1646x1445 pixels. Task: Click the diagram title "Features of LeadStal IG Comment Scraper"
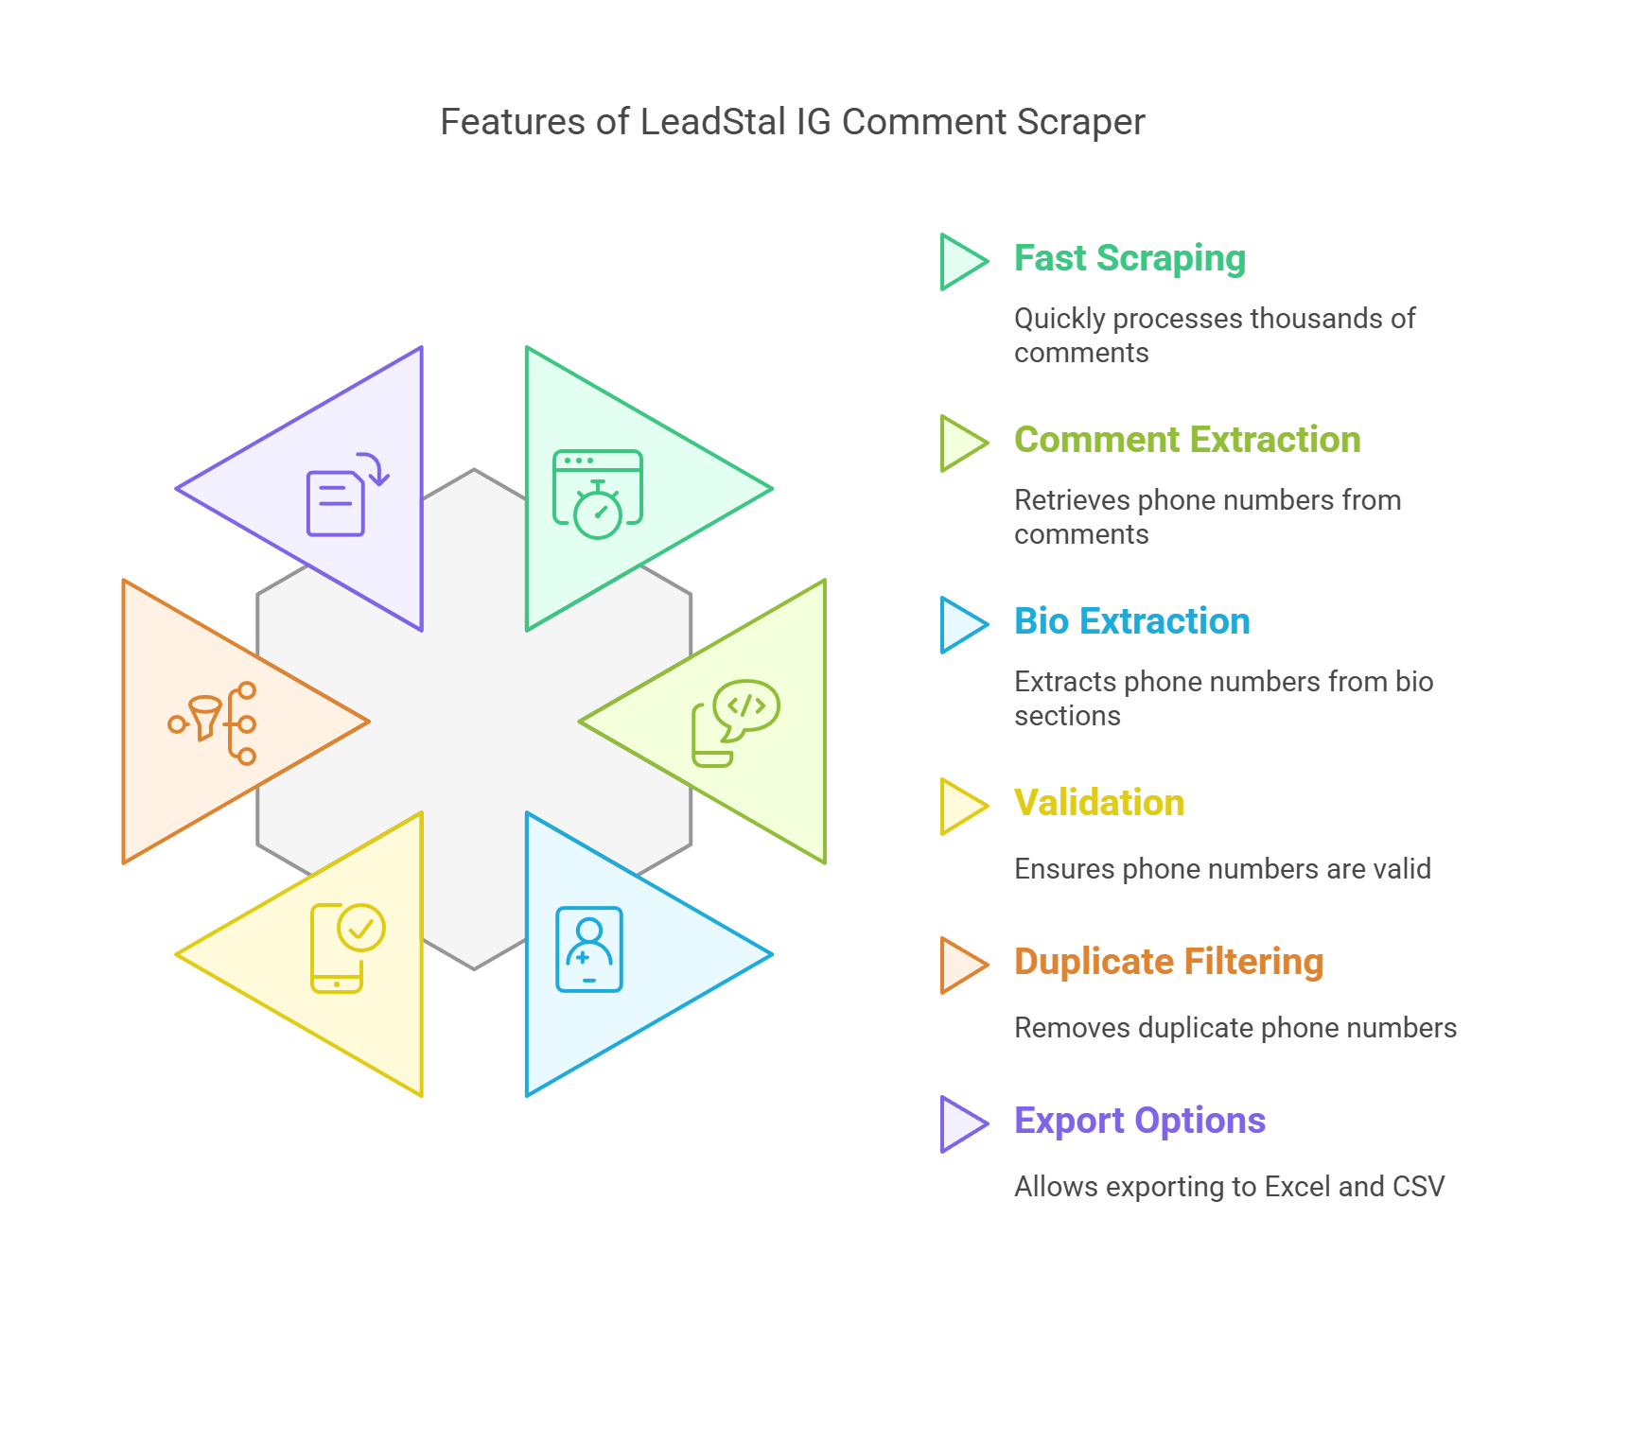coord(793,122)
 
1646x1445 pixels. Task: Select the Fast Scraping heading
coord(1129,258)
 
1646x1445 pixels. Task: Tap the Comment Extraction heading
coord(1187,440)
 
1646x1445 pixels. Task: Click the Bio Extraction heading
coord(1131,621)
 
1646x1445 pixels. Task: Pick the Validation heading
coord(1099,803)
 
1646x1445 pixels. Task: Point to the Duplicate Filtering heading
coord(1168,962)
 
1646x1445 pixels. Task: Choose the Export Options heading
coord(1140,1121)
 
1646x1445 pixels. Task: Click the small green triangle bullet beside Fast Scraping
coord(959,262)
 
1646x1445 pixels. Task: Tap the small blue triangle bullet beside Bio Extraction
coord(959,625)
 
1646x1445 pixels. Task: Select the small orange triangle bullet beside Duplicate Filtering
coord(959,966)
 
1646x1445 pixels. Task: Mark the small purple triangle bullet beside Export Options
coord(959,1124)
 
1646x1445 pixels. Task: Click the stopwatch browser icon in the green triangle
coord(598,494)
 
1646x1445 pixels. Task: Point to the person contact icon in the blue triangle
coord(589,949)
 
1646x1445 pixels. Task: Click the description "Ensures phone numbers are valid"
coord(1222,869)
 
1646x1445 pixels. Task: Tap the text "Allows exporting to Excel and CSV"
coord(1229,1187)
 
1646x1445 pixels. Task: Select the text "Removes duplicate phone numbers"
coord(1235,1028)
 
